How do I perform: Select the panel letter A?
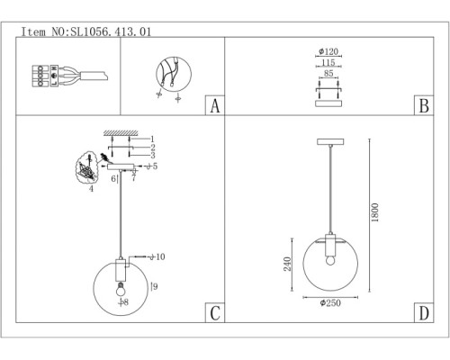[214, 106]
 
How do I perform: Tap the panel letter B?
[420, 106]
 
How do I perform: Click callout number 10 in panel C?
[161, 257]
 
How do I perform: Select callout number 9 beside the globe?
[155, 285]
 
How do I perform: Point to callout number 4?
[90, 189]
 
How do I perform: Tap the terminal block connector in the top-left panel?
[40, 75]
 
